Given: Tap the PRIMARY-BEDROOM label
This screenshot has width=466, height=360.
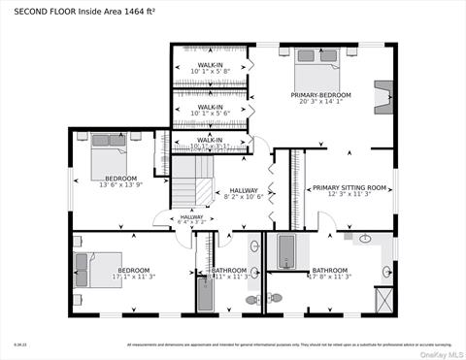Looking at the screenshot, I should coord(320,95).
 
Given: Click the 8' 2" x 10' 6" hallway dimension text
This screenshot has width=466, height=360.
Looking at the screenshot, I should coord(244,197).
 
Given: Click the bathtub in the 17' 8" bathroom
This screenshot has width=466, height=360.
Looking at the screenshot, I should coord(286,252).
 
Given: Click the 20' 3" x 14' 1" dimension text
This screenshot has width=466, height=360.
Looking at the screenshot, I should coord(320,102).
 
